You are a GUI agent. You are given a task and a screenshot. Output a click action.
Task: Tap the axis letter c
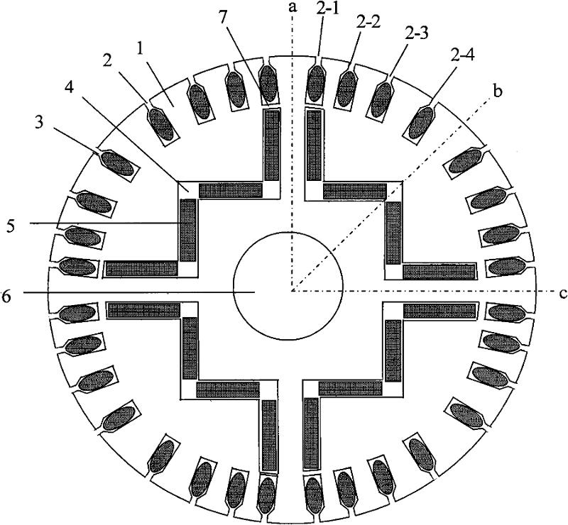562,292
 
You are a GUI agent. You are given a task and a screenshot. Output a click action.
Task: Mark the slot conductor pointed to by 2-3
382,99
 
